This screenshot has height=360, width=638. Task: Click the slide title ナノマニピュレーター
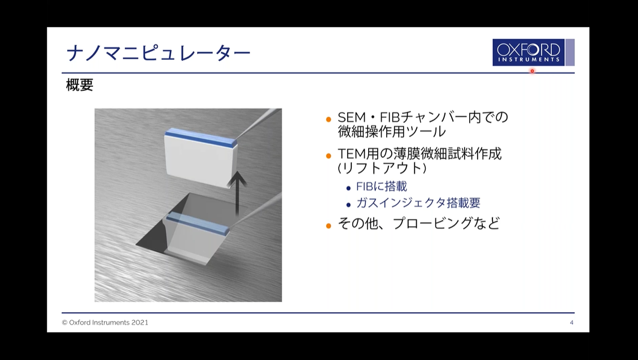pyautogui.click(x=158, y=53)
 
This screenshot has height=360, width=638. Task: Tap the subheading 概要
pyautogui.click(x=80, y=85)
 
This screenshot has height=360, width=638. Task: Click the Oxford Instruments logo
pyautogui.click(x=533, y=52)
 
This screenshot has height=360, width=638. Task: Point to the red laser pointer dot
pyautogui.click(x=532, y=71)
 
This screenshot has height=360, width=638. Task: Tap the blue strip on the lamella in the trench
pyautogui.click(x=198, y=223)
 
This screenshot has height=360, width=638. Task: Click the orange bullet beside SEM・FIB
pyautogui.click(x=329, y=120)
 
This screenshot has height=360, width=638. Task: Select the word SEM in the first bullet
pyautogui.click(x=352, y=117)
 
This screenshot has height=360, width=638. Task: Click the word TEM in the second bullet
pyautogui.click(x=352, y=154)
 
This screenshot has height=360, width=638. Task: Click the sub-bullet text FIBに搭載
pyautogui.click(x=381, y=186)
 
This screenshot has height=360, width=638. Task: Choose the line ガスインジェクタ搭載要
pyautogui.click(x=418, y=203)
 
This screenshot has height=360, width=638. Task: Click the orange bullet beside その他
pyautogui.click(x=329, y=226)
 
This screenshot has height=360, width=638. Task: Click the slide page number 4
pyautogui.click(x=572, y=323)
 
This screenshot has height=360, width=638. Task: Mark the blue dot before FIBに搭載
pyautogui.click(x=348, y=188)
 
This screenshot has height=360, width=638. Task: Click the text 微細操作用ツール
pyautogui.click(x=392, y=132)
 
